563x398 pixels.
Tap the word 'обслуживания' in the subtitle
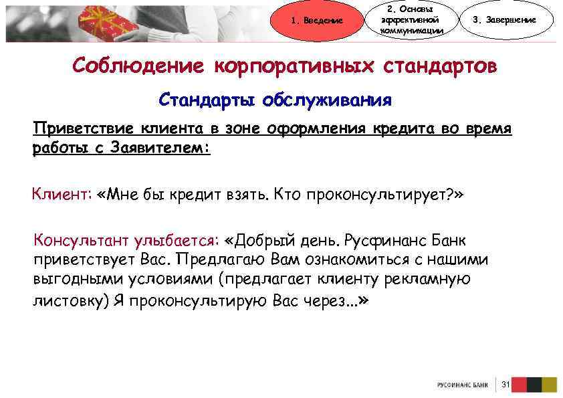click(327, 101)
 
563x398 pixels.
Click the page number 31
click(505, 384)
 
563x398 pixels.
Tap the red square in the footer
click(518, 384)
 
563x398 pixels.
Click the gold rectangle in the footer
click(550, 384)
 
